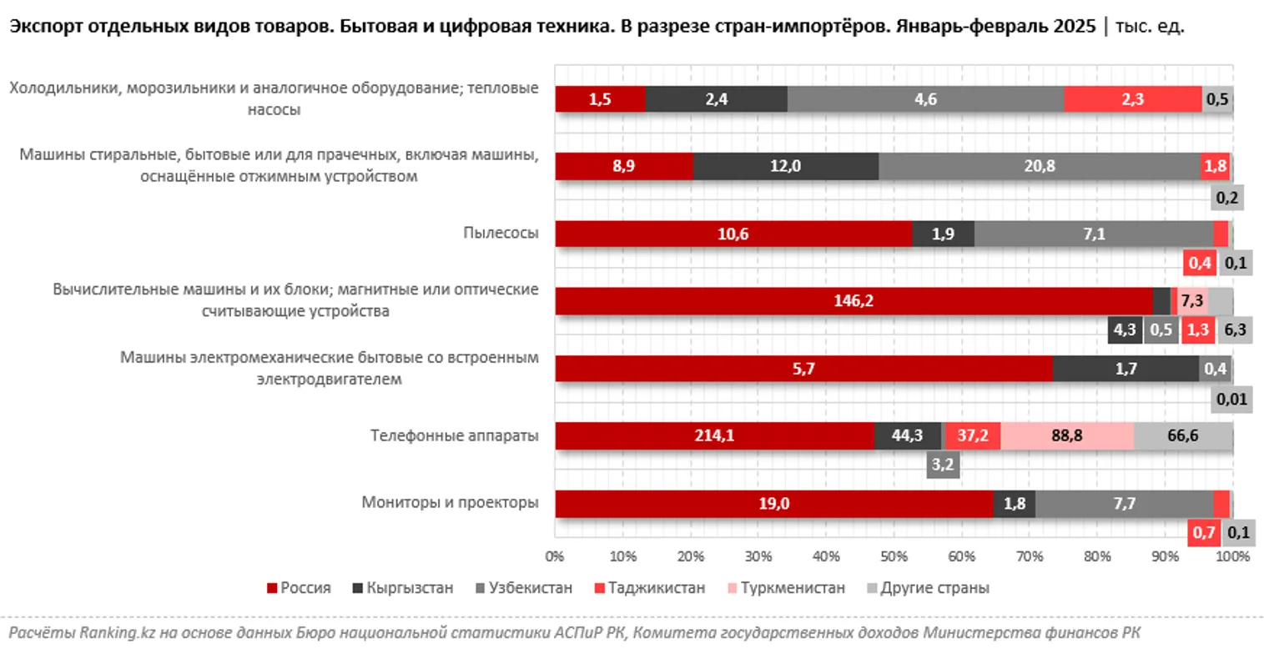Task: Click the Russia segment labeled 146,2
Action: pyautogui.click(x=854, y=301)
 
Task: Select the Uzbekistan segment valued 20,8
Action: pyautogui.click(x=1039, y=166)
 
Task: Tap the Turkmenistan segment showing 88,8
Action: pyautogui.click(x=1067, y=436)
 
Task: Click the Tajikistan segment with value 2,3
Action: pyautogui.click(x=1132, y=98)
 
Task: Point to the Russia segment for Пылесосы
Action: pyautogui.click(x=733, y=234)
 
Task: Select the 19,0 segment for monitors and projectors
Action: pyautogui.click(x=773, y=504)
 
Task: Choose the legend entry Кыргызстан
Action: pyautogui.click(x=410, y=588)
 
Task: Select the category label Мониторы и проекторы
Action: pyautogui.click(x=450, y=502)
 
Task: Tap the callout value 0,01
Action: pyautogui.click(x=1231, y=400)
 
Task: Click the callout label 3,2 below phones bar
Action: pyautogui.click(x=943, y=465)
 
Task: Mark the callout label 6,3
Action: pyautogui.click(x=1235, y=330)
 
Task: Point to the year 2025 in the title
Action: pyautogui.click(x=1074, y=28)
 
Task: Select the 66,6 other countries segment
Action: pyautogui.click(x=1183, y=436)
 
